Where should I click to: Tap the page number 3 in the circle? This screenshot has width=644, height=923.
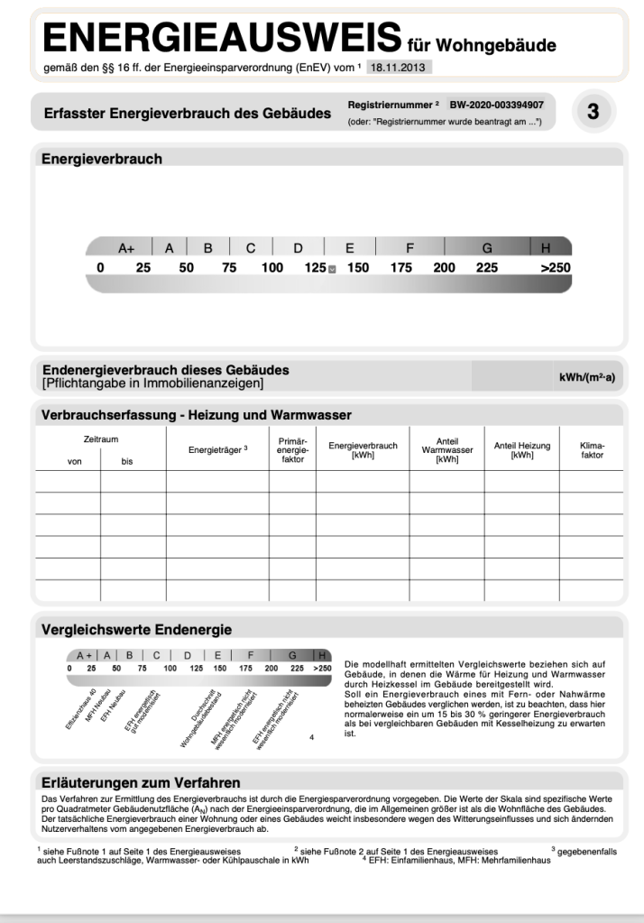click(x=593, y=111)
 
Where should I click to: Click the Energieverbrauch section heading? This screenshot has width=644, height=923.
click(x=102, y=159)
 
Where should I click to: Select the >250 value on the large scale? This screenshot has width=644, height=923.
click(x=555, y=268)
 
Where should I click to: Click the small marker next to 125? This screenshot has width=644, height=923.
click(x=332, y=269)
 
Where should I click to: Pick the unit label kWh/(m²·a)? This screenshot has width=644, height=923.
click(x=587, y=376)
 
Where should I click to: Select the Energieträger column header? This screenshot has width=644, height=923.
click(x=217, y=448)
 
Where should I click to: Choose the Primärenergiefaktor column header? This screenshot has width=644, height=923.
click(x=291, y=448)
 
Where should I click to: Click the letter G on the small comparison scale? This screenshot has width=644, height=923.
click(x=292, y=656)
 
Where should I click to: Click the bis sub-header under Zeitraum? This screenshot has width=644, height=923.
click(x=127, y=461)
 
